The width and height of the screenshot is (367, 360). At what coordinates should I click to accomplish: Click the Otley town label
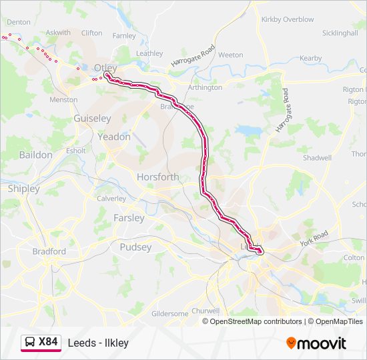105,68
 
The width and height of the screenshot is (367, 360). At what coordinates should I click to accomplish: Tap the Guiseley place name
92,118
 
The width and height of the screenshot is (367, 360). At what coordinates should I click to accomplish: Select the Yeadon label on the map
114,137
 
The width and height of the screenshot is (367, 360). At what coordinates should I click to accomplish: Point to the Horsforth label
157,177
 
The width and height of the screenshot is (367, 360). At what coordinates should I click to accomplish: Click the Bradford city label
49,251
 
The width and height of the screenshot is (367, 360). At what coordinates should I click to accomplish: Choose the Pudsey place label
135,247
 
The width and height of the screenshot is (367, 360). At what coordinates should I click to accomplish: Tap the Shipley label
23,189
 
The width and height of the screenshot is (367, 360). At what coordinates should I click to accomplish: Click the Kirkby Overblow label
288,20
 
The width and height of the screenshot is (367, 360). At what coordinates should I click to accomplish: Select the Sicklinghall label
340,33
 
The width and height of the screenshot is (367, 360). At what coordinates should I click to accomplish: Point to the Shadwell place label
317,158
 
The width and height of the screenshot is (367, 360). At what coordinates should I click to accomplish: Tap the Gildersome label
169,313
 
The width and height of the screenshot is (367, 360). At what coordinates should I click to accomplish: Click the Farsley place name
129,218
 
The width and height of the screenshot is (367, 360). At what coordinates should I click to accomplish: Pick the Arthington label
205,87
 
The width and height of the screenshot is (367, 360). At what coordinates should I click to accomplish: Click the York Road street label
314,237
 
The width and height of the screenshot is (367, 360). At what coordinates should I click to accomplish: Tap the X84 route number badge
48,342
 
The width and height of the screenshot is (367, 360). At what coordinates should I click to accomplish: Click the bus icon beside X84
31,342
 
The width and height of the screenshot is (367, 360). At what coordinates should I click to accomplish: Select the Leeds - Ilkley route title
98,343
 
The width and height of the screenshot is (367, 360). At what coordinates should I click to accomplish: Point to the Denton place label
19,22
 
